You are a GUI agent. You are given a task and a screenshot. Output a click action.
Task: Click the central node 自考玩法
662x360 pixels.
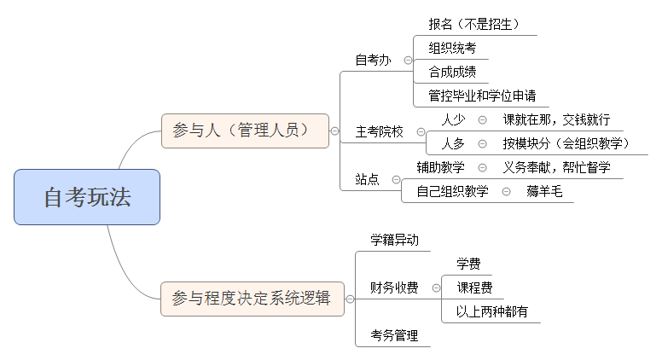tap(87, 197)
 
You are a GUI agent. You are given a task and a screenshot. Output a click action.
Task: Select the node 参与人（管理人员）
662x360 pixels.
tap(245, 131)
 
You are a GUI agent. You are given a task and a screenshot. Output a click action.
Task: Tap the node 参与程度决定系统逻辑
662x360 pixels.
tap(252, 299)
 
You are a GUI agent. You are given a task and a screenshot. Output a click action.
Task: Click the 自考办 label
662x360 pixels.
tap(373, 60)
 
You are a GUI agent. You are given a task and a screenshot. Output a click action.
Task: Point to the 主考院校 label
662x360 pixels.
tap(379, 131)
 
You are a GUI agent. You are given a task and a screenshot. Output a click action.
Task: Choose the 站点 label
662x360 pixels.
tap(367, 179)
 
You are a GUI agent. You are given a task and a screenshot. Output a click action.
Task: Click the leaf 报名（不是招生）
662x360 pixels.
tap(474, 23)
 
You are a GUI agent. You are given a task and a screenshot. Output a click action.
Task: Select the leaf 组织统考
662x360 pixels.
tap(452, 48)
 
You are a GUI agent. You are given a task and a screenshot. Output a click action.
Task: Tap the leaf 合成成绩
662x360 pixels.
tap(452, 71)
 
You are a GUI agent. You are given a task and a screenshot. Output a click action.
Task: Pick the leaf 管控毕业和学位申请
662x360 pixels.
tap(482, 95)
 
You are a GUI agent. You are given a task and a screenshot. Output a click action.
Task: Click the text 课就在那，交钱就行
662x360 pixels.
tap(556, 119)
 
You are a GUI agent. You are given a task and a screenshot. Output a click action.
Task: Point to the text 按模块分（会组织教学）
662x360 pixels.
tap(566, 143)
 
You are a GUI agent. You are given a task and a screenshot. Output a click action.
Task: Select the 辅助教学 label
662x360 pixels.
tap(440, 167)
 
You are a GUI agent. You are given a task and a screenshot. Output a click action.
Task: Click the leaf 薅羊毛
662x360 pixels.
tap(544, 191)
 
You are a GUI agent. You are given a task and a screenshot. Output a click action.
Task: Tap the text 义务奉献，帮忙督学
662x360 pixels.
tap(556, 167)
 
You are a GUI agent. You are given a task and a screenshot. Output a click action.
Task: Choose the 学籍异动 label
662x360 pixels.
tap(394, 240)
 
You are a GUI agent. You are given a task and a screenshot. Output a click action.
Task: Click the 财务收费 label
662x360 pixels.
tap(394, 287)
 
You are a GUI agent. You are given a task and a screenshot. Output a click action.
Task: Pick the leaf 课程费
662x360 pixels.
tap(473, 287)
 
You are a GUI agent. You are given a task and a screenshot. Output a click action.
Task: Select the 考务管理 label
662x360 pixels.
tap(394, 335)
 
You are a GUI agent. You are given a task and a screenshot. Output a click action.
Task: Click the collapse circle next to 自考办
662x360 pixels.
tap(408, 61)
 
